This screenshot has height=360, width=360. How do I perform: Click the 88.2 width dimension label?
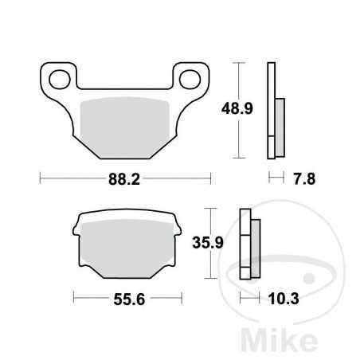coord(124,181)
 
